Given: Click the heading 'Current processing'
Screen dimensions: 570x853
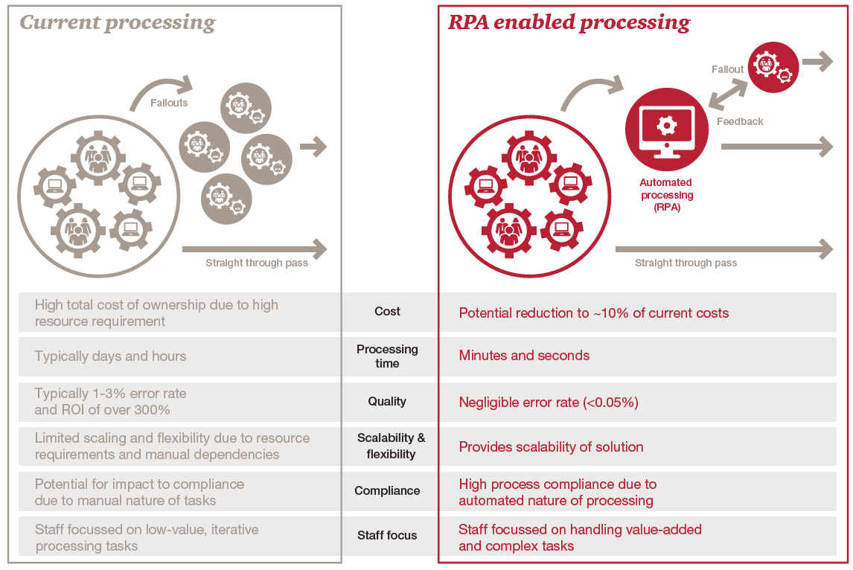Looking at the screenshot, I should coord(118,23).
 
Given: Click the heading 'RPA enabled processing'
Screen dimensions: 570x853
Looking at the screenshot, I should coord(569,23).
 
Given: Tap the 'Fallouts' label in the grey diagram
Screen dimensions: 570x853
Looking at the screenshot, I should coord(169,103).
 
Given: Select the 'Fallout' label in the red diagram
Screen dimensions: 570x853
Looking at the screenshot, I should coord(727,69).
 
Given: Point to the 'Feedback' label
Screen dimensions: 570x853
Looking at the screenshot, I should coord(740,121).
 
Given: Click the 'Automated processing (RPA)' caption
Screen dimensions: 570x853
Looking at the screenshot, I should coord(666,195).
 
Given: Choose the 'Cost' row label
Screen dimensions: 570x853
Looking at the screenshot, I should coord(387,312).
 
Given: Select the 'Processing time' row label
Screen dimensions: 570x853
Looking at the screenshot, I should coord(387,356).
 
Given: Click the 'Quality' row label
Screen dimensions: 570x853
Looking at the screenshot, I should coord(387,402).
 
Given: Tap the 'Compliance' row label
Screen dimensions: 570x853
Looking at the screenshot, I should coord(387,491).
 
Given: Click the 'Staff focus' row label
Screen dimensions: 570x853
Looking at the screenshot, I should coord(387,536).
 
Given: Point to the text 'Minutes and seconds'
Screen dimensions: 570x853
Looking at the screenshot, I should coord(524,356).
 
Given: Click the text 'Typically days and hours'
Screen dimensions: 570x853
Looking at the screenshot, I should coord(110,356).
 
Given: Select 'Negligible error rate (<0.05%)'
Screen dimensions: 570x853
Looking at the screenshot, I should coord(549,403).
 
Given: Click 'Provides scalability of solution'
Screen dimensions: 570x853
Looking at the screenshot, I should coord(551,447).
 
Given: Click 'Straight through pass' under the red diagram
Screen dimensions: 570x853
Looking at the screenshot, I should coord(686,263).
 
